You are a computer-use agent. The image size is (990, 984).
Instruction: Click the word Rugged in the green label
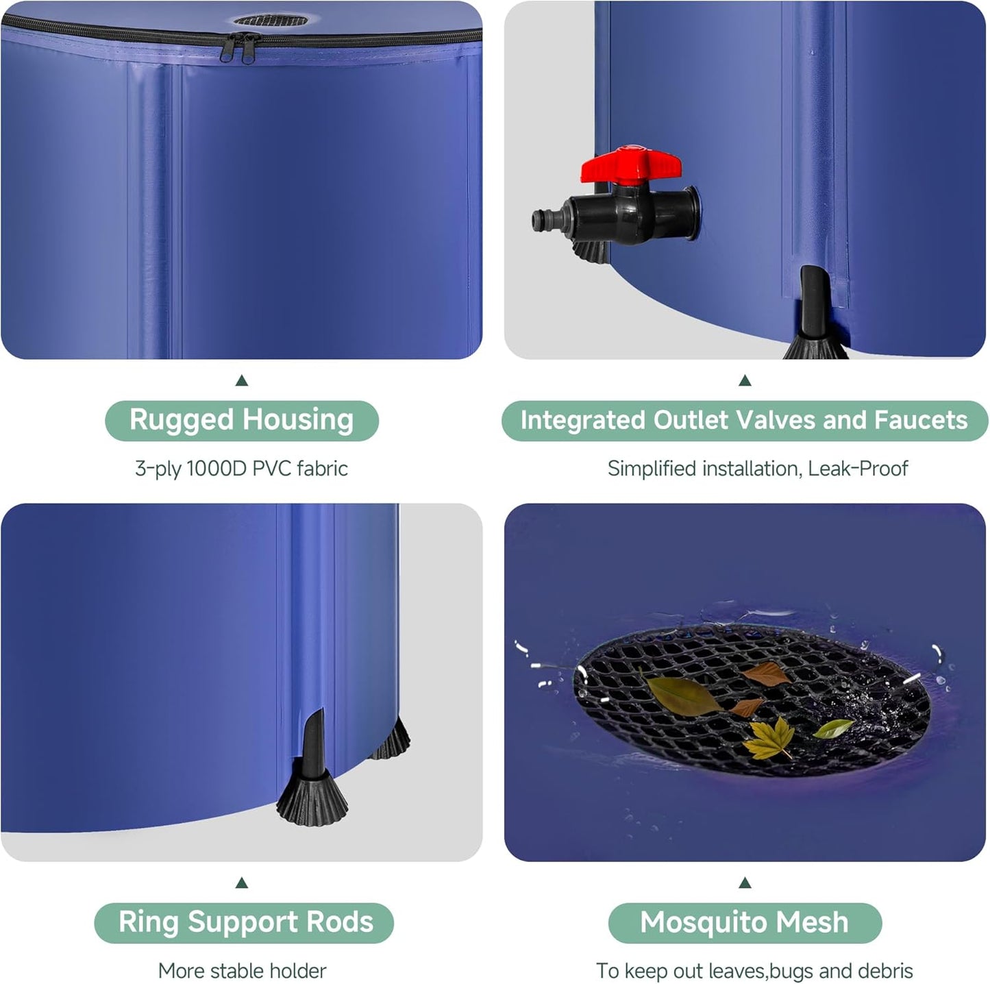click(181, 420)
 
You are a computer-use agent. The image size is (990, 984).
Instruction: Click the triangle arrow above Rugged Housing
click(241, 381)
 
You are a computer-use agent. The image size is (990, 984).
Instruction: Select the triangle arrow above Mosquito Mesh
click(745, 883)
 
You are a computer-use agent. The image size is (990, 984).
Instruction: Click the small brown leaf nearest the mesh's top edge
click(769, 675)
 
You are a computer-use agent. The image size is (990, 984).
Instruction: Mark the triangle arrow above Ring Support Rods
click(241, 883)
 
